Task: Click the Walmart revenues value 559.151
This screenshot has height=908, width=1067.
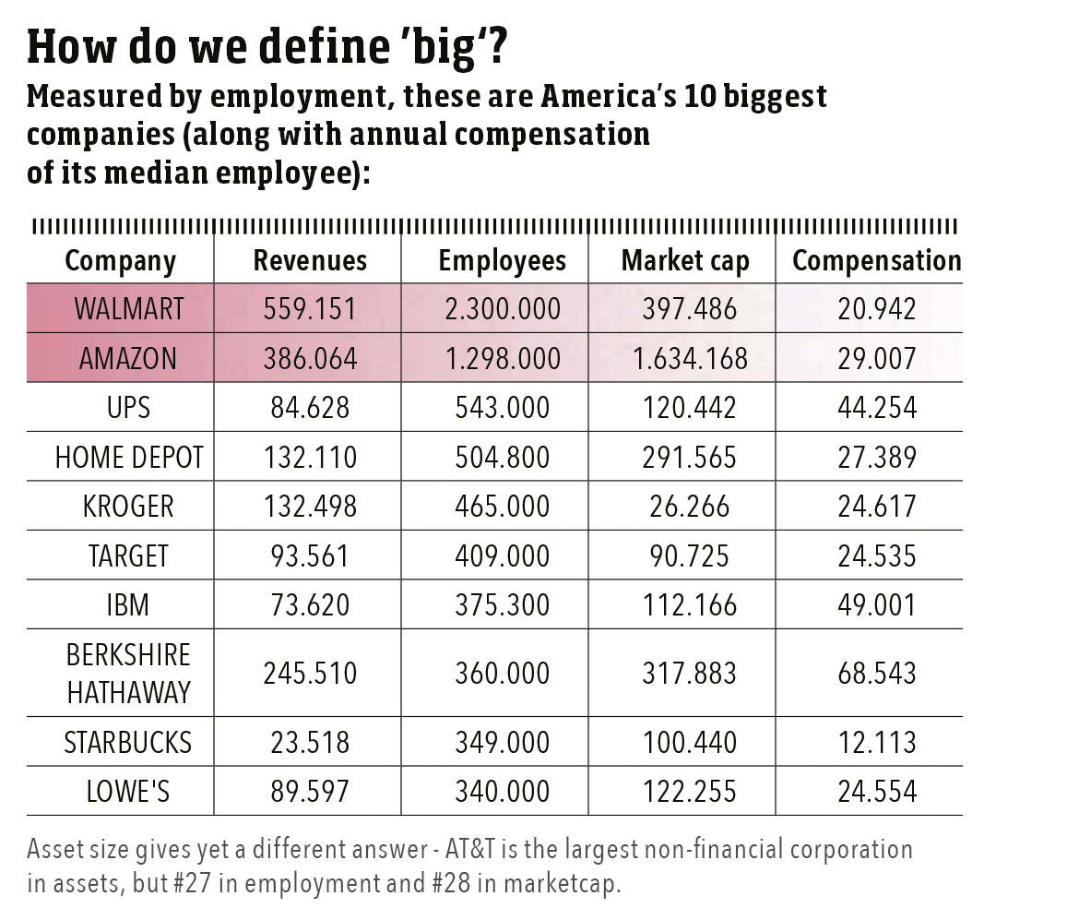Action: click(x=309, y=309)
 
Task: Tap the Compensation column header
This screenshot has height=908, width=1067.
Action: click(x=876, y=261)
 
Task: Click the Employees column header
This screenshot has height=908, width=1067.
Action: click(x=502, y=261)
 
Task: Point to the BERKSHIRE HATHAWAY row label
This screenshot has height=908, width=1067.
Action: click(x=128, y=673)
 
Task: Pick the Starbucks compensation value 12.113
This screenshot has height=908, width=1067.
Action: click(x=876, y=742)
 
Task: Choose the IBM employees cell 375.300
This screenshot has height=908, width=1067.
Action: click(x=502, y=605)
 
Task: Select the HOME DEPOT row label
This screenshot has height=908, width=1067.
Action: click(x=128, y=457)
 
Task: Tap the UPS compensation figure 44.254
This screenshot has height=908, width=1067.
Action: click(x=876, y=408)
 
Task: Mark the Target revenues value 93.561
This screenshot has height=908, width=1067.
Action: click(x=309, y=556)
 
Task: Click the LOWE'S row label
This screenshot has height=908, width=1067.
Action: click(x=128, y=791)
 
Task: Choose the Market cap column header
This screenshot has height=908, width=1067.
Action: click(x=685, y=261)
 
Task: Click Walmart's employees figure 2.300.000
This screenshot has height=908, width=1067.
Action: click(x=502, y=309)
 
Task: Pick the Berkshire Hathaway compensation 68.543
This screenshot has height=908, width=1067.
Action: click(x=876, y=673)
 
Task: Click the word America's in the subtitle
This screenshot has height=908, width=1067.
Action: click(x=617, y=97)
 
